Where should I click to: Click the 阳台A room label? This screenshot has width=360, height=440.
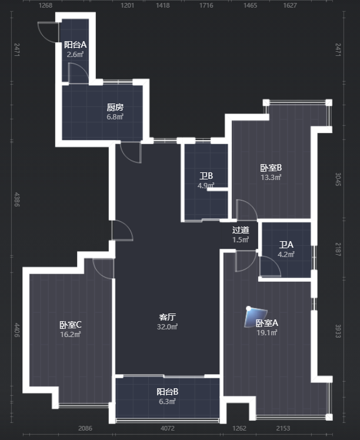tap(75, 45)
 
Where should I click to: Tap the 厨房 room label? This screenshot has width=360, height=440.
tap(115, 107)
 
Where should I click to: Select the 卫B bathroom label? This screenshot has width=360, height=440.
tap(206, 176)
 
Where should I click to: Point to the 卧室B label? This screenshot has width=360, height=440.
tap(271, 168)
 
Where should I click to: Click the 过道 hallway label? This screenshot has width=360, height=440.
tap(241, 230)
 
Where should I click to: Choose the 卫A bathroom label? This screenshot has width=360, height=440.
tap(286, 245)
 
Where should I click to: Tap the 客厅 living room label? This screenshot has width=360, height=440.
tap(167, 317)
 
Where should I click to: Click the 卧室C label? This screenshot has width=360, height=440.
tap(71, 325)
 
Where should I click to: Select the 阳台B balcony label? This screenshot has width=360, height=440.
tap(167, 392)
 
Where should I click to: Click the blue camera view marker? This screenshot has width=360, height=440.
tap(255, 317)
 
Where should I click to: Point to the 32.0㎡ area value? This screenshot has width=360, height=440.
tap(167, 326)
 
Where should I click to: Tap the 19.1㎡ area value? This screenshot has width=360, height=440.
tap(267, 333)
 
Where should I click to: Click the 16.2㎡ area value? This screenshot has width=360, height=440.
tap(71, 335)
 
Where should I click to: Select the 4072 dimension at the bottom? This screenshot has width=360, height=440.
tap(168, 428)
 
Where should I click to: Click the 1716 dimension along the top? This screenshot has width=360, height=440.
tap(206, 5)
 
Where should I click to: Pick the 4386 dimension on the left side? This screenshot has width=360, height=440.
tap(17, 199)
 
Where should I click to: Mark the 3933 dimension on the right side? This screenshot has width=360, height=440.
tap(338, 331)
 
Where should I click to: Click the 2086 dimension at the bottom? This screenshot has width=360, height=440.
tap(85, 428)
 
